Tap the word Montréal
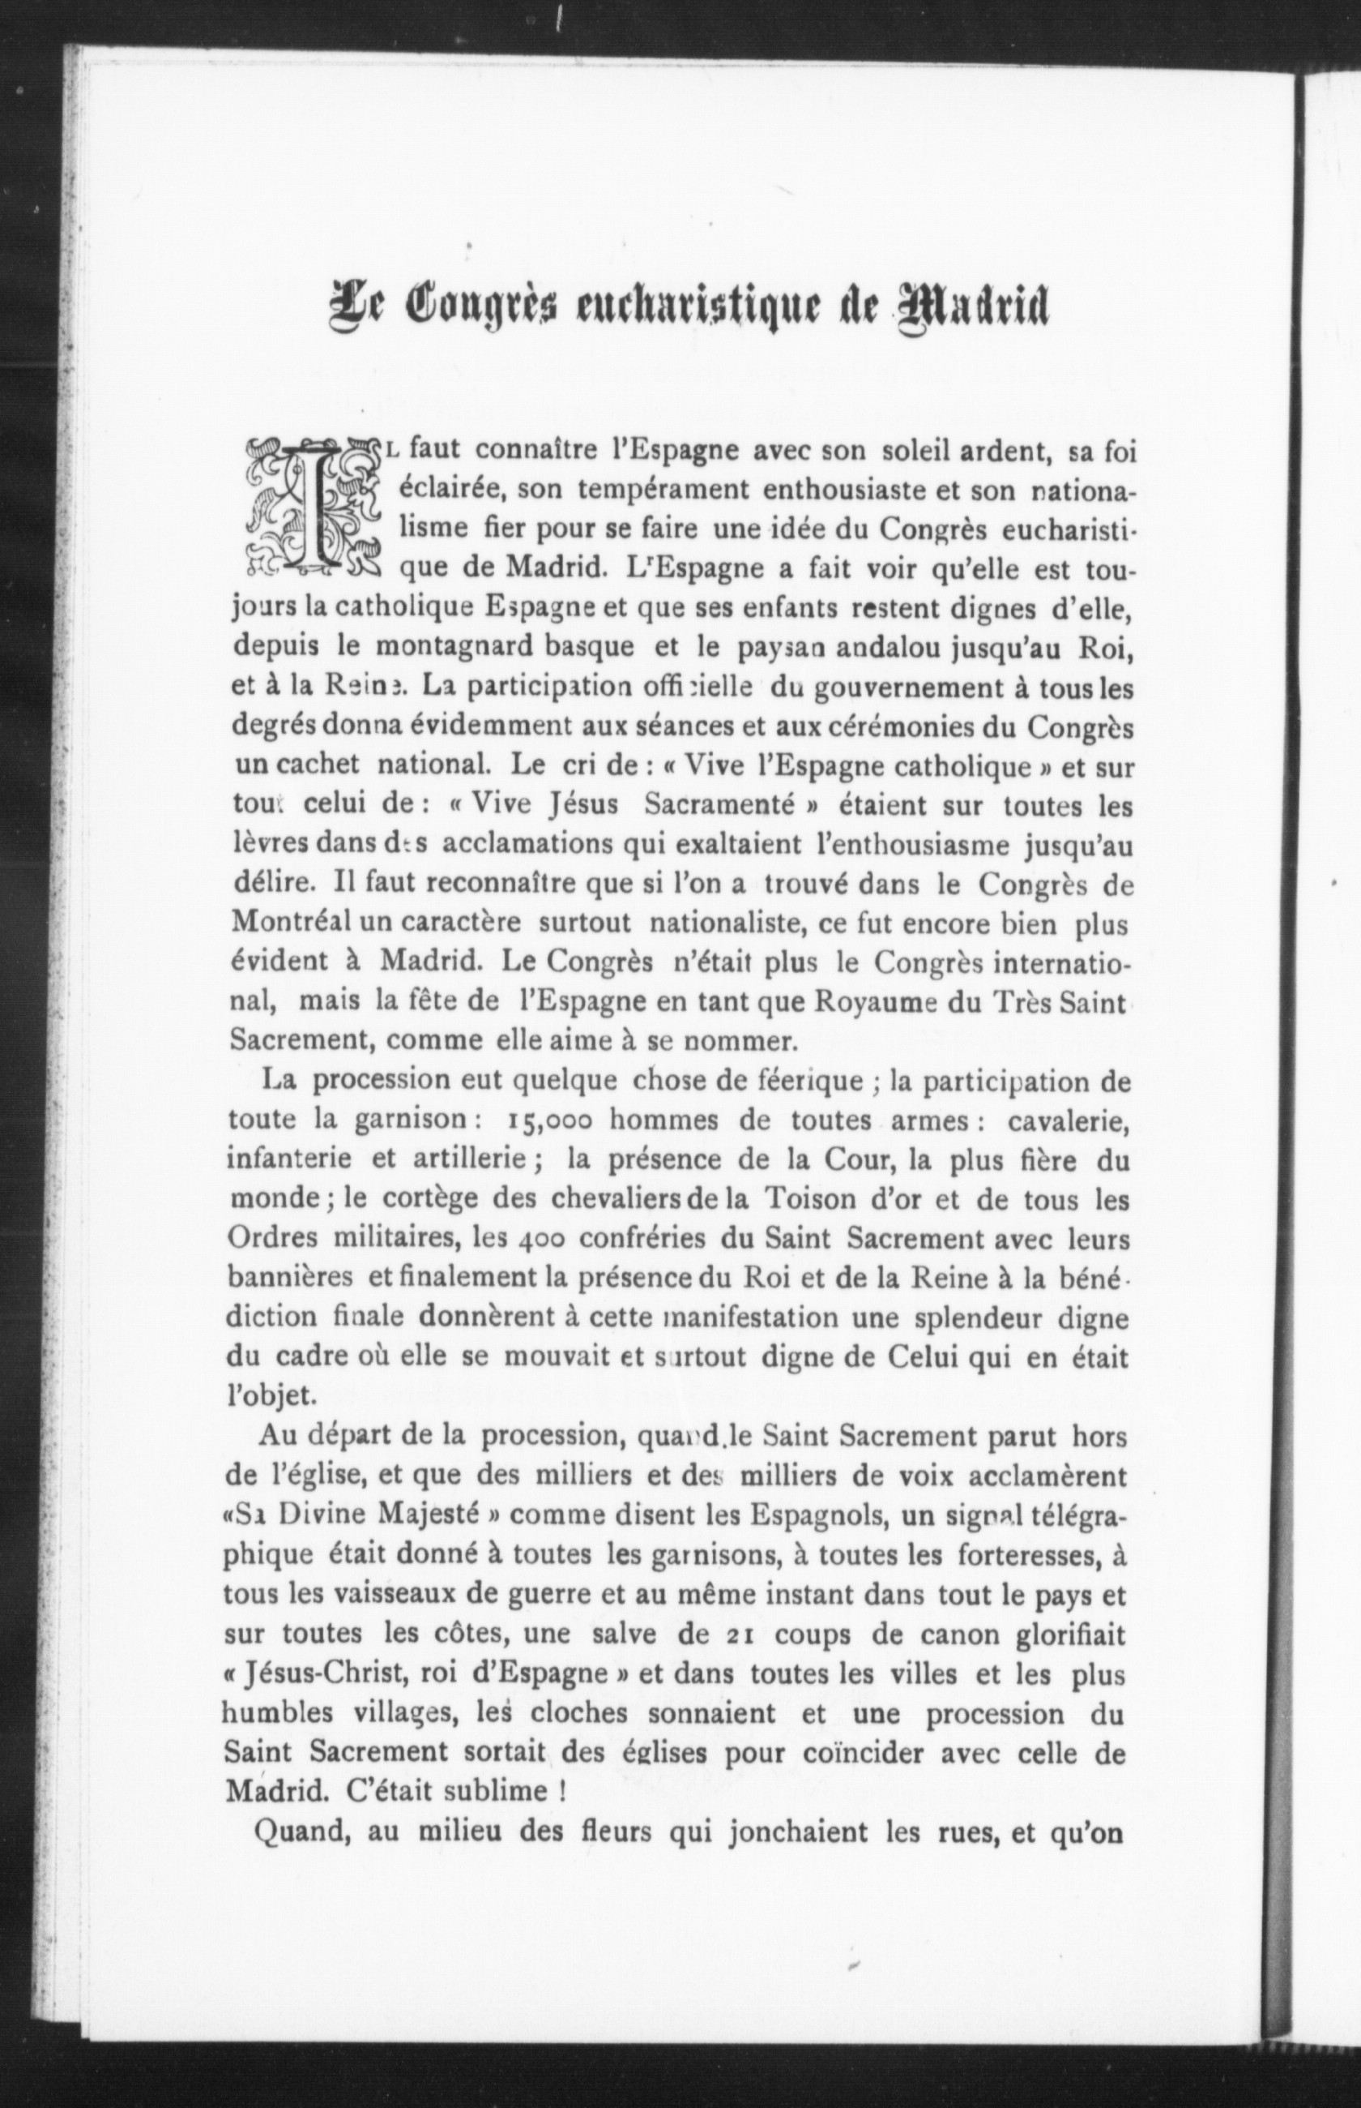point(290,923)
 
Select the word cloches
point(579,1715)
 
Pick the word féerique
point(811,1081)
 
